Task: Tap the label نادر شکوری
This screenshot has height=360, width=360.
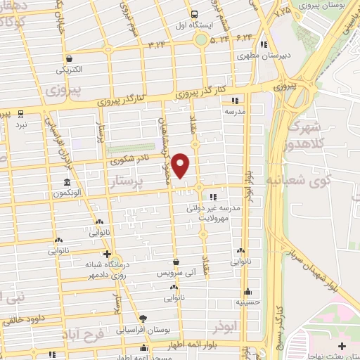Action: click(x=131, y=160)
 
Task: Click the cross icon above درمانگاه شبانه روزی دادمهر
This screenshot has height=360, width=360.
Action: click(x=107, y=254)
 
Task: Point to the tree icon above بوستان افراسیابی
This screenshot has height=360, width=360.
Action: click(x=143, y=319)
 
